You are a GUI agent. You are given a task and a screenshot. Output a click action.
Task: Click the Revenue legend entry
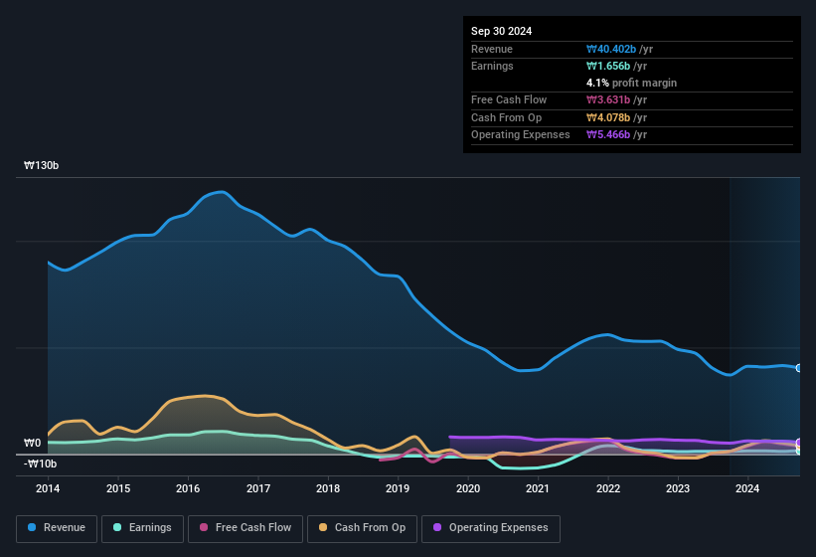click(x=58, y=528)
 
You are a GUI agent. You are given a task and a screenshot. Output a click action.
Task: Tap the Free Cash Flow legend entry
click(x=246, y=528)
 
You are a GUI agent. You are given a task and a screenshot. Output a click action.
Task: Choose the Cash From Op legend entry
click(x=362, y=528)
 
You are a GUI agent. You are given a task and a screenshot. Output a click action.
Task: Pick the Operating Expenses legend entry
click(x=491, y=528)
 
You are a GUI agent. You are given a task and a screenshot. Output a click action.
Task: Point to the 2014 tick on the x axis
click(x=48, y=488)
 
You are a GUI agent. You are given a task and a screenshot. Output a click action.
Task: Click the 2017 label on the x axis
click(x=258, y=488)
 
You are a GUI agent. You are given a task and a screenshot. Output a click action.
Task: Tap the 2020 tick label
click(x=468, y=488)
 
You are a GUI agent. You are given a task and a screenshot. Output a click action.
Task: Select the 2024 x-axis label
click(x=747, y=488)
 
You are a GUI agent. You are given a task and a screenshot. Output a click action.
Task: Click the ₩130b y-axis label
click(x=42, y=166)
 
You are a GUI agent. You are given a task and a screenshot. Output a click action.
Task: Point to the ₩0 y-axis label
click(x=33, y=444)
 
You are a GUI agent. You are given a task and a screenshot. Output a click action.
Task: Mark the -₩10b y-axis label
click(x=41, y=464)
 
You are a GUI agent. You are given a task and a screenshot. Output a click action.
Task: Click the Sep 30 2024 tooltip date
click(x=502, y=31)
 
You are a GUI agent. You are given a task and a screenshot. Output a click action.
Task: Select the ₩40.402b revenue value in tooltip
click(x=619, y=49)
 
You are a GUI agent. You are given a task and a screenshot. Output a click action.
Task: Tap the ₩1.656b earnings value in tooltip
click(x=616, y=66)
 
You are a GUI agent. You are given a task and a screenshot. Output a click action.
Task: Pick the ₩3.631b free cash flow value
click(x=616, y=99)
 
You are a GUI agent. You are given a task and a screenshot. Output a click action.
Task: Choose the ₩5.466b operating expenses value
click(x=616, y=134)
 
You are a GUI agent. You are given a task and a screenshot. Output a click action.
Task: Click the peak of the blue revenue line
click(x=223, y=192)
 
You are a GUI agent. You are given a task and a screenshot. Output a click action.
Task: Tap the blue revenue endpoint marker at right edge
click(x=798, y=368)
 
